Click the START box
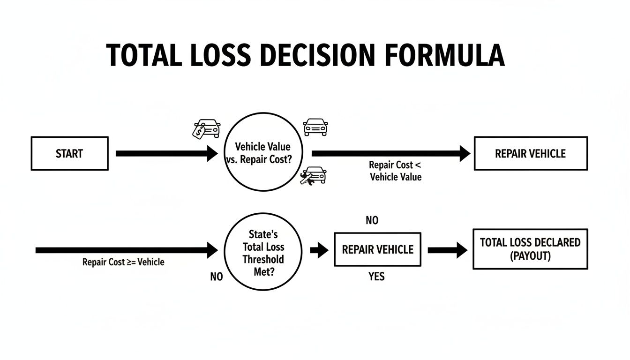click(x=69, y=153)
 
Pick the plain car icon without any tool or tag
click(x=315, y=127)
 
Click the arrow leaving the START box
click(x=166, y=153)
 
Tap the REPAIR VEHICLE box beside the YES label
click(x=377, y=249)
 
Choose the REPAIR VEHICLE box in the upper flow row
click(x=531, y=153)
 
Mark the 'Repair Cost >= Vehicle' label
click(x=123, y=262)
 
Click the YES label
click(x=376, y=277)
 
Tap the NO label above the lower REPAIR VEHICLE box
click(x=372, y=220)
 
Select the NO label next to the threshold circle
click(x=216, y=277)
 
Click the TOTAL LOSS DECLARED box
click(x=530, y=249)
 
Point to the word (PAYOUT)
click(x=530, y=256)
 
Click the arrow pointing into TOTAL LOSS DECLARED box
click(x=448, y=250)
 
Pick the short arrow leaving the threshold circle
click(x=319, y=250)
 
